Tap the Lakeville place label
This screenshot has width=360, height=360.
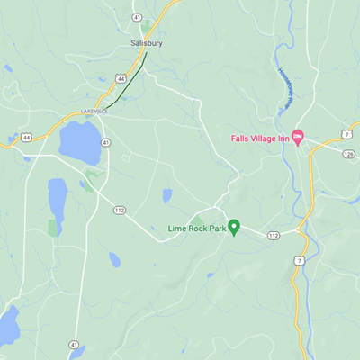(94, 112)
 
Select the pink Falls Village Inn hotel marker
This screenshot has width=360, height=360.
(299, 137)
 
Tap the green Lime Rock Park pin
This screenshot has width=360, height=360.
(234, 228)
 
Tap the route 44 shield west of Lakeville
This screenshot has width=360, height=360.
(27, 137)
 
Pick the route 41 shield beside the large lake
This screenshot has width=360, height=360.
(106, 142)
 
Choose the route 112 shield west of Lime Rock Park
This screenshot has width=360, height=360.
(119, 210)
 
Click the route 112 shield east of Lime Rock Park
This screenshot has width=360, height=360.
(274, 235)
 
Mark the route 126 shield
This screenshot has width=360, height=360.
(348, 153)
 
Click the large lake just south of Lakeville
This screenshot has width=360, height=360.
(79, 140)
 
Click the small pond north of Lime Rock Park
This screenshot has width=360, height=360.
(166, 194)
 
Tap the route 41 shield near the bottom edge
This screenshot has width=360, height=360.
(71, 344)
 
